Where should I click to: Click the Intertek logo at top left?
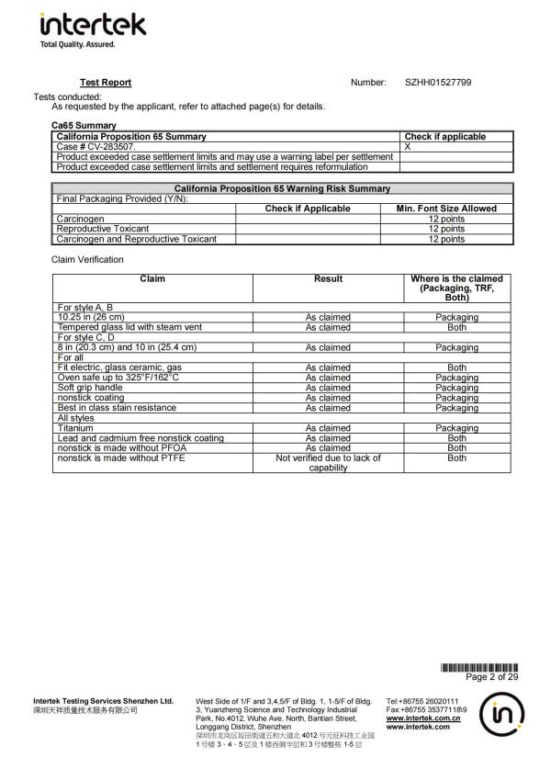click(x=81, y=28)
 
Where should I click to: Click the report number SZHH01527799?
click(x=438, y=83)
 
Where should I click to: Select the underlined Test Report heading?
click(x=106, y=83)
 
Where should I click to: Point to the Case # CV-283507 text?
click(x=96, y=146)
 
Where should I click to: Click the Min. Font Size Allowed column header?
click(x=446, y=209)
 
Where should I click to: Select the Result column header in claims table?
click(x=328, y=279)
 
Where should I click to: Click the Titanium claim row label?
click(x=75, y=428)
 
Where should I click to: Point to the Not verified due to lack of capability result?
click(x=328, y=462)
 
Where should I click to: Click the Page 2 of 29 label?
click(x=492, y=677)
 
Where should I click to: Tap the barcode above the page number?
click(x=479, y=667)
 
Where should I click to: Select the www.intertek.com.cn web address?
click(x=422, y=719)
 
